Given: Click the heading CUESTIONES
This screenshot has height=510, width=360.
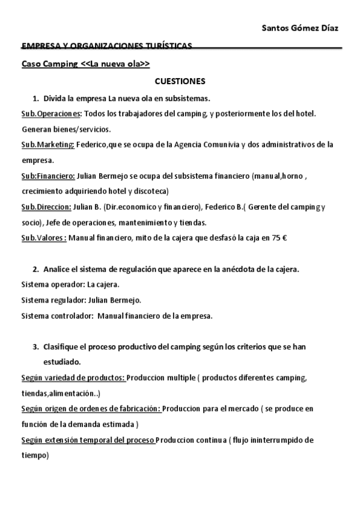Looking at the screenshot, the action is coord(180,81).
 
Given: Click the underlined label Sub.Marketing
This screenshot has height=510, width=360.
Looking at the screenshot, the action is coord(48,144).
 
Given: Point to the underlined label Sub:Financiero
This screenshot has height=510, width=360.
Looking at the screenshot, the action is coord(48,176).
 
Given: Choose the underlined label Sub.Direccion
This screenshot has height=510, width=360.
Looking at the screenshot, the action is coord(46,207).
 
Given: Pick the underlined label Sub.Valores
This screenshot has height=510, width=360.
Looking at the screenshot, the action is coord(44,238).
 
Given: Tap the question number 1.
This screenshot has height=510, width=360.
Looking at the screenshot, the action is coord(36,97).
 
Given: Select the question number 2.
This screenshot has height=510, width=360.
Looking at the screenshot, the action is coord(36,268).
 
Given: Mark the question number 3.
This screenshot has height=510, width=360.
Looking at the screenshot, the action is coord(36,347).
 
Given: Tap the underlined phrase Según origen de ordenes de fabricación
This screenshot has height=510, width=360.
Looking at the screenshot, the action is coord(91,409).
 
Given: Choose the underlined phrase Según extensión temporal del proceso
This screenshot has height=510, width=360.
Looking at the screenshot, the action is coord(88,440).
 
